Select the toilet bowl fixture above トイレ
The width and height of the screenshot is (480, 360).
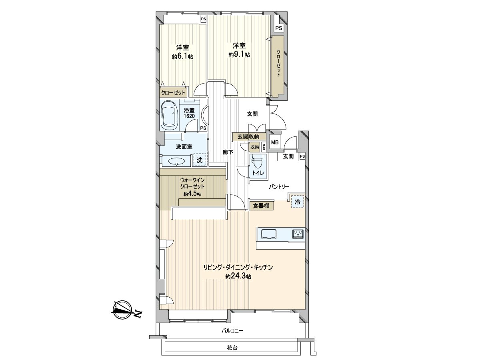tap(256, 162)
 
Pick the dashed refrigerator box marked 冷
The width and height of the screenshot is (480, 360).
tap(297, 202)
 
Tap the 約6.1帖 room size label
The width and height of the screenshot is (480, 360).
tap(182, 57)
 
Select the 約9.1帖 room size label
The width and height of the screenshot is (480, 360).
tap(239, 55)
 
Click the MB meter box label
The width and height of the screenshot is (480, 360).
tap(275, 142)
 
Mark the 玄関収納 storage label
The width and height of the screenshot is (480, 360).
tap(248, 136)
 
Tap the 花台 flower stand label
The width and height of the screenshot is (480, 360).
tap(232, 348)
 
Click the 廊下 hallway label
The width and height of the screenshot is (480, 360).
tap(228, 152)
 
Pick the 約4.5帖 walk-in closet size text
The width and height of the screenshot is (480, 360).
tap(192, 194)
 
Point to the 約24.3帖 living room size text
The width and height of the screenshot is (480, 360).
tap(238, 276)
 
